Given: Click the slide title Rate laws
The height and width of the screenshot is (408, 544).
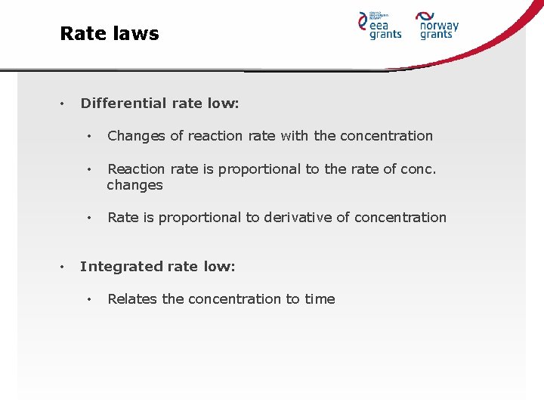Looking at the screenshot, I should pos(110,33).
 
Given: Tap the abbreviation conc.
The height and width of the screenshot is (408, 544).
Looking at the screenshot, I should pos(420,169).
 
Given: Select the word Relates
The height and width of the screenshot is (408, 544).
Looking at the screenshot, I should pos(132,299).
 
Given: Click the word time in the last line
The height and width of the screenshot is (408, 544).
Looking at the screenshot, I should pos(320,299).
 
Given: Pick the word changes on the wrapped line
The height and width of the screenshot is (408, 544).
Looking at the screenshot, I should pos(134,185).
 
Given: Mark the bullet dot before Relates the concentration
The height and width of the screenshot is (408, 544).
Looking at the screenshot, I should pos(89,299).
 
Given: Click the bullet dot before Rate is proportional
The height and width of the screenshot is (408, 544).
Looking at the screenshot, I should pos(89,218).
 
